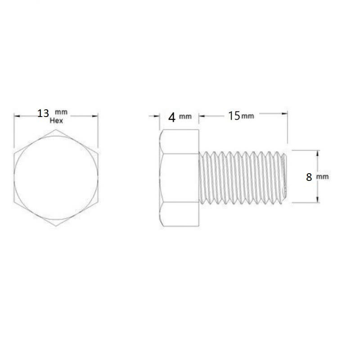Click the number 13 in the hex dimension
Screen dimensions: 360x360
[43, 113]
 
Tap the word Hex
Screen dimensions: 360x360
[56, 121]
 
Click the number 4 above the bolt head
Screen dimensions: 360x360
[172, 117]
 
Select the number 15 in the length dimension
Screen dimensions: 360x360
[234, 116]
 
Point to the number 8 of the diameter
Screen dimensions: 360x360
[309, 177]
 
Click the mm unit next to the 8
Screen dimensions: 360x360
[322, 177]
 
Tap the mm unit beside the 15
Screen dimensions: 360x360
[247, 116]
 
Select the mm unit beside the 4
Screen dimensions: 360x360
[185, 117]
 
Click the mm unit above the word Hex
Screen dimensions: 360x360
[61, 112]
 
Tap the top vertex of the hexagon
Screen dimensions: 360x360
[56, 130]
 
